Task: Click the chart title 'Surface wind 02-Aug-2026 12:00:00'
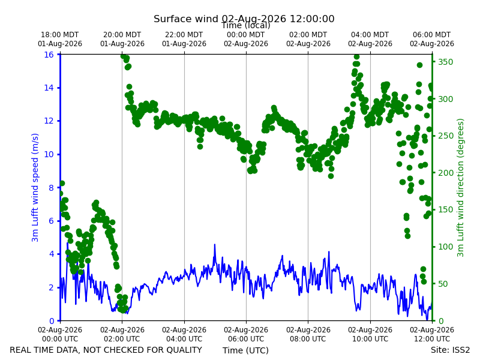pos(244,19)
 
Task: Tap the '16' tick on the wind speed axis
pos(49,55)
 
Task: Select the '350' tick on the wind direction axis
pos(445,62)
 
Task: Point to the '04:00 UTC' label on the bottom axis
pos(184,339)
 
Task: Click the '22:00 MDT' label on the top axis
pos(184,35)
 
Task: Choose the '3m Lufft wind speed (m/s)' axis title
pos(35,188)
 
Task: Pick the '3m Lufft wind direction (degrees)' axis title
pos(460,188)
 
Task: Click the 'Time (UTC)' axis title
pos(245,350)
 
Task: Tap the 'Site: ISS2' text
pos(450,350)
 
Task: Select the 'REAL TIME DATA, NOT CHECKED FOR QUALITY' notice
pos(106,350)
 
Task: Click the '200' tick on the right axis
pos(445,173)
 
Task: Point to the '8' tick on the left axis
pos(51,188)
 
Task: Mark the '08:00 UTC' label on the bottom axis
pos(308,339)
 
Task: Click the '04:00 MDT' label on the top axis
pos(370,35)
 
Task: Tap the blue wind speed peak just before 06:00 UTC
pos(215,245)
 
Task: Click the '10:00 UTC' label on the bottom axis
pos(370,339)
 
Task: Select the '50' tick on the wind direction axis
pos(443,284)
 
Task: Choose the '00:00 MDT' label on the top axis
pos(246,35)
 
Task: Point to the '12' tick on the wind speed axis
pos(49,121)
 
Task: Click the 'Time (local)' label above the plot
pos(246,25)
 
